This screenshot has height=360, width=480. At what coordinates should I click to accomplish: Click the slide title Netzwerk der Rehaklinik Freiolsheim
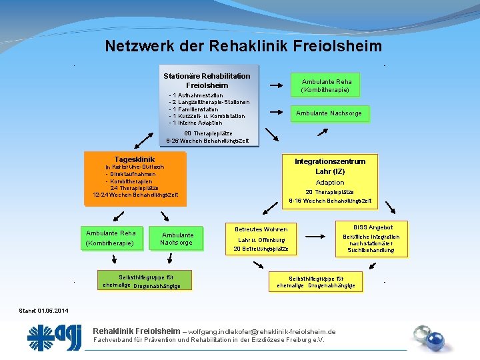click(243, 46)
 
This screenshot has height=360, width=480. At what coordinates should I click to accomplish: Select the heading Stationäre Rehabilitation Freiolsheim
click(207, 81)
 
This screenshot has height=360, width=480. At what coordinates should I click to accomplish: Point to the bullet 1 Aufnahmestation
click(197, 95)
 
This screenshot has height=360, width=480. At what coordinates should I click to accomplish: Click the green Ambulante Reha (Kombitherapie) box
click(326, 85)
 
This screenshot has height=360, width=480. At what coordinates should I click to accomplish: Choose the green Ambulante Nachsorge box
click(329, 113)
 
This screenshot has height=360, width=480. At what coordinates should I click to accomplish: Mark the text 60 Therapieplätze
click(207, 134)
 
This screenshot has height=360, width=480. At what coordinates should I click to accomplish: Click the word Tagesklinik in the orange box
click(135, 159)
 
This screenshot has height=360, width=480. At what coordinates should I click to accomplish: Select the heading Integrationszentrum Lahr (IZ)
click(330, 166)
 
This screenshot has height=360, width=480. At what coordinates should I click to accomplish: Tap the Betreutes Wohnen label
click(261, 229)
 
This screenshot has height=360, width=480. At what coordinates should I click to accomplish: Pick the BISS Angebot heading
click(373, 227)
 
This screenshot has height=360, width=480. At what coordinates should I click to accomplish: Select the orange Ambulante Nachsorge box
click(177, 239)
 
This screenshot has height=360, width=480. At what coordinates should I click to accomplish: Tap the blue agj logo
click(55, 337)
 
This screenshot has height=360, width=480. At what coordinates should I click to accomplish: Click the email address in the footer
click(262, 331)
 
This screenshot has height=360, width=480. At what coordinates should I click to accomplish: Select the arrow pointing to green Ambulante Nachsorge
click(273, 113)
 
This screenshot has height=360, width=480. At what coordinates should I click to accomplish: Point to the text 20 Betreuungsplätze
click(261, 249)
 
